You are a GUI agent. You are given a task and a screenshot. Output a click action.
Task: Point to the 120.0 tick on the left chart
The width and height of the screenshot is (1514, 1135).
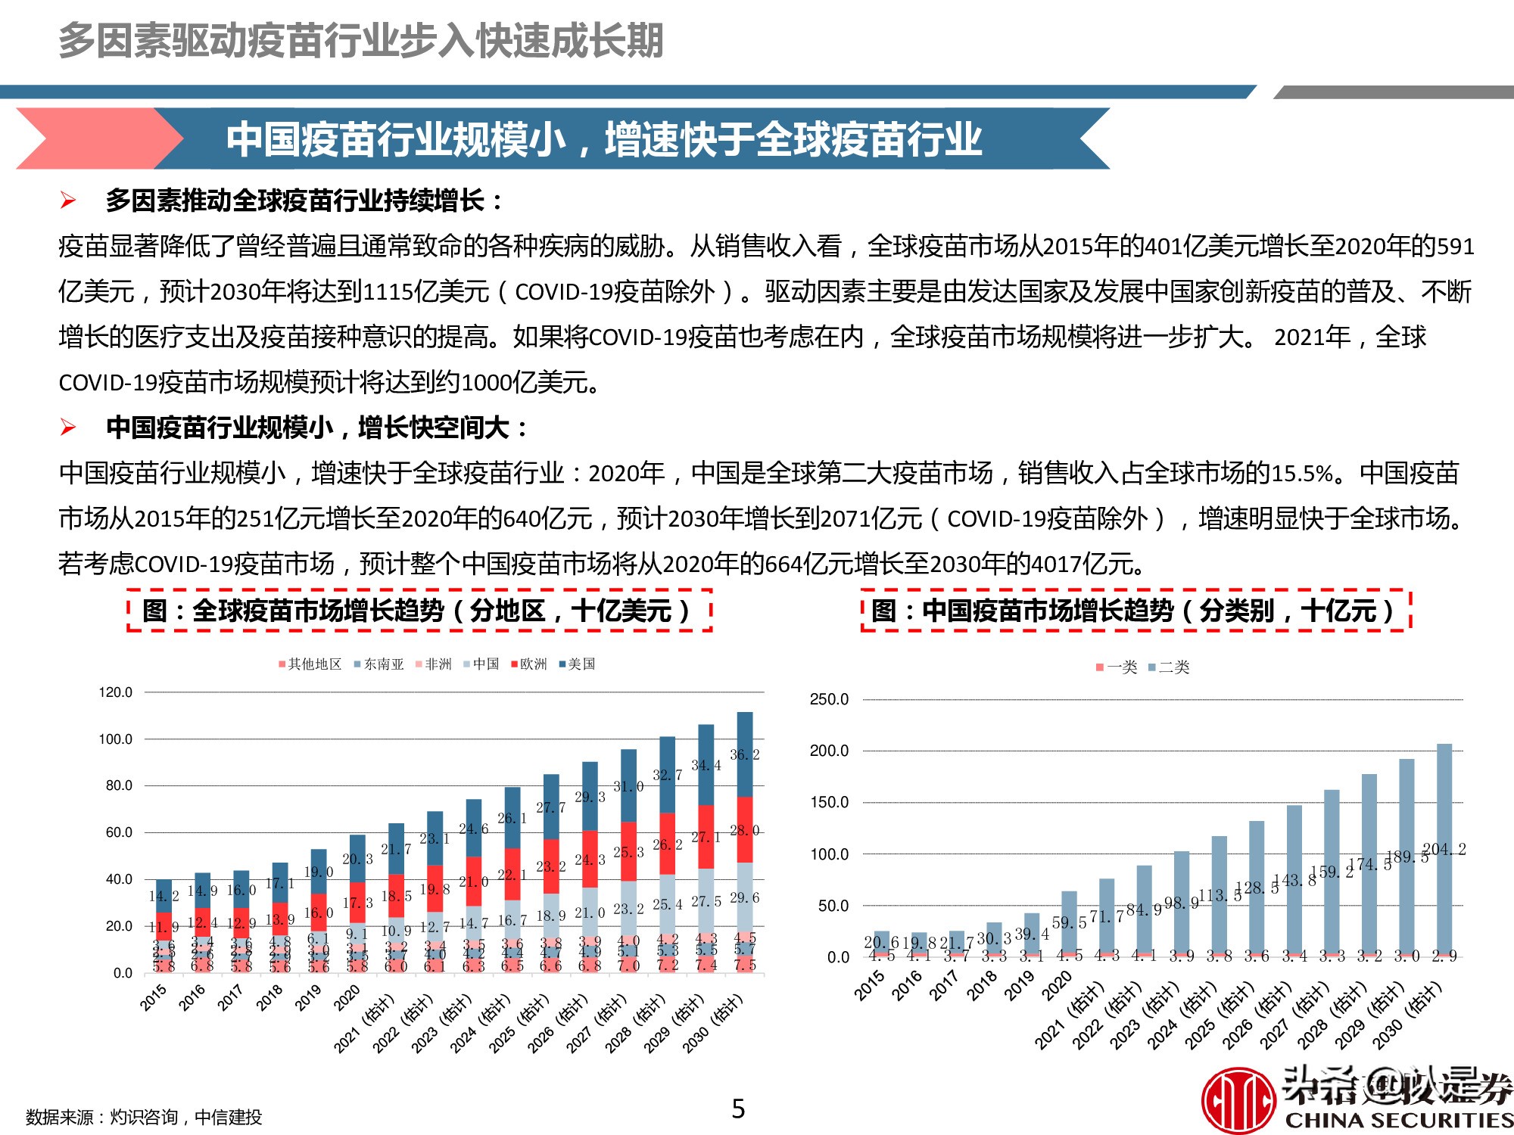click(x=115, y=692)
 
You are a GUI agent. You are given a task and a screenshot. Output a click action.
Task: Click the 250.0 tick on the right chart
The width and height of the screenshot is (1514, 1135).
click(x=829, y=699)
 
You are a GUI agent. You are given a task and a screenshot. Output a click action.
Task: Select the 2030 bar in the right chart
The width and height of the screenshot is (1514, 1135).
click(x=1444, y=847)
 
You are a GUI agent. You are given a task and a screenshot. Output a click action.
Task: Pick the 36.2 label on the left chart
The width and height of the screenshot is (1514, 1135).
click(x=744, y=754)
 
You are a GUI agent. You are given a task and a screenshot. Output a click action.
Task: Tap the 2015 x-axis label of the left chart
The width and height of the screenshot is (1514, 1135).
click(x=154, y=997)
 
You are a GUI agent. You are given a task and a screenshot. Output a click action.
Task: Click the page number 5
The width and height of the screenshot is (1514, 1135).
click(x=738, y=1109)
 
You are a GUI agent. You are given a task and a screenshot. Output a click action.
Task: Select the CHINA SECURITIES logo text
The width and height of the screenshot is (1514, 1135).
click(x=1398, y=1120)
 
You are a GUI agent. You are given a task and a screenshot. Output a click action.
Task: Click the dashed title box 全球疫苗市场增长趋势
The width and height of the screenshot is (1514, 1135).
click(x=419, y=611)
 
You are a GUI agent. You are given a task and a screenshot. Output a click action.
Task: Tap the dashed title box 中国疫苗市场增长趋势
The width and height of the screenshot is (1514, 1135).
click(x=1135, y=611)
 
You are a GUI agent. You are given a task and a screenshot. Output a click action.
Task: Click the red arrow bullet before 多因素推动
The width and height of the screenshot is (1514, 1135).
click(x=68, y=201)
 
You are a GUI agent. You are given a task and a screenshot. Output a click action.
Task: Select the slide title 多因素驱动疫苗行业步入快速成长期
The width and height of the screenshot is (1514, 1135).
click(x=361, y=41)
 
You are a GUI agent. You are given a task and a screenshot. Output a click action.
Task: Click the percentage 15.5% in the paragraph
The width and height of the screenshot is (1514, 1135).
click(x=1301, y=474)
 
